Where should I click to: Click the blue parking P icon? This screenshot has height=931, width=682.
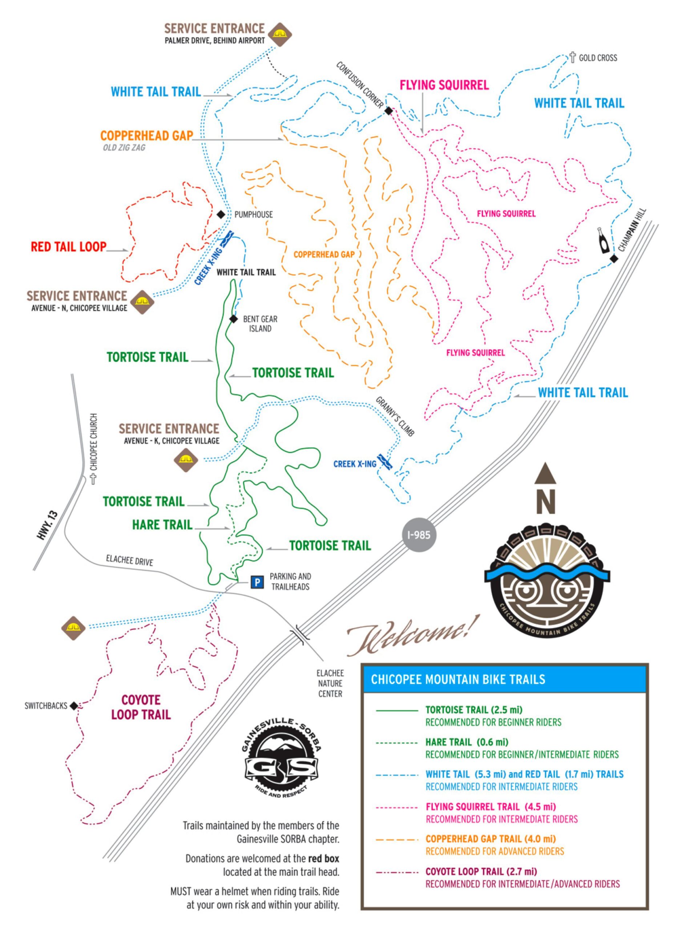[x=257, y=583]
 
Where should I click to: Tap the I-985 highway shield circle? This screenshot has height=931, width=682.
[x=419, y=535]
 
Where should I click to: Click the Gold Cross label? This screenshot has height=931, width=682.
[x=597, y=58]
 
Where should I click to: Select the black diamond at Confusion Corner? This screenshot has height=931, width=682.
[x=388, y=111]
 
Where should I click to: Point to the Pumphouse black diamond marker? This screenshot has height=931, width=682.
[x=221, y=215]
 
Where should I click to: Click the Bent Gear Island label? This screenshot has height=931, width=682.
[x=260, y=324]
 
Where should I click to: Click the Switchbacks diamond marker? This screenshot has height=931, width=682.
[x=73, y=706]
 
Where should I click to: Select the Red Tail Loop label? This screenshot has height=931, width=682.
[x=69, y=247]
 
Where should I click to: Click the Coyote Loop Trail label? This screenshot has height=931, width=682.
[x=141, y=707]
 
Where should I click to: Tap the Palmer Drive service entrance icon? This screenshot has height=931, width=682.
[x=280, y=34]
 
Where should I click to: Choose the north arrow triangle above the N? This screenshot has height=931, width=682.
[x=545, y=473]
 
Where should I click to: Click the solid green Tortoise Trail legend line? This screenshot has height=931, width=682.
[x=397, y=710]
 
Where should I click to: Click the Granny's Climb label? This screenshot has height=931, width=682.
[x=394, y=416]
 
